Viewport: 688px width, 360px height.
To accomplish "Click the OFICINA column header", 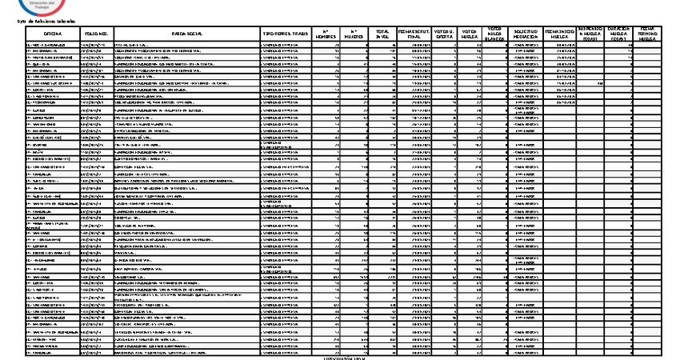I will pos(53,33).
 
